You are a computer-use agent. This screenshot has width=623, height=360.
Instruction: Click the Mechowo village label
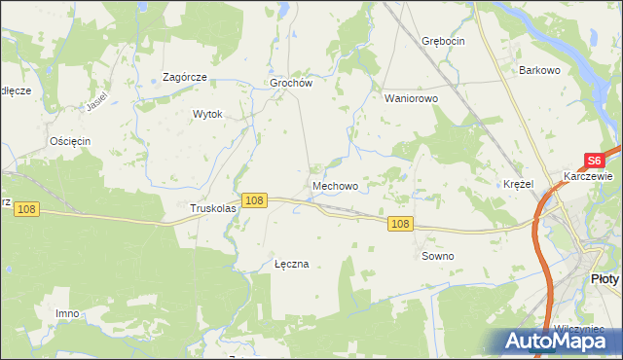(x=335, y=185)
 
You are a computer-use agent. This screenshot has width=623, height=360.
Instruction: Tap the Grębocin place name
(x=443, y=41)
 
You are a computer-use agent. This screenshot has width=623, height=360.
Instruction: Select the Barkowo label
(x=541, y=70)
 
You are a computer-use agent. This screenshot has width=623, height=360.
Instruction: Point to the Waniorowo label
(x=412, y=98)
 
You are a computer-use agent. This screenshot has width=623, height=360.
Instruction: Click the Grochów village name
(x=290, y=84)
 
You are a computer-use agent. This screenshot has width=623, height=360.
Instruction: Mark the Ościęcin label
(x=70, y=141)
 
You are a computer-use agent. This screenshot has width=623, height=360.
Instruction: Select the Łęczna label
(x=291, y=264)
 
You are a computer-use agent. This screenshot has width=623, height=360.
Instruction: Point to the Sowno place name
(x=437, y=256)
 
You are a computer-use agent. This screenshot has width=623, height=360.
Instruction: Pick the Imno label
(x=67, y=313)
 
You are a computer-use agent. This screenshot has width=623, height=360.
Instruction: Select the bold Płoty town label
(x=605, y=278)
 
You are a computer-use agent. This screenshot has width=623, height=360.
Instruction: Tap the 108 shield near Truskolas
(x=254, y=199)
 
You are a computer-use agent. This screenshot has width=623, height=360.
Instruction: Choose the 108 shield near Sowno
(x=401, y=224)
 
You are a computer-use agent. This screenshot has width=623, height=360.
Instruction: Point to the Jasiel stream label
(x=95, y=102)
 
